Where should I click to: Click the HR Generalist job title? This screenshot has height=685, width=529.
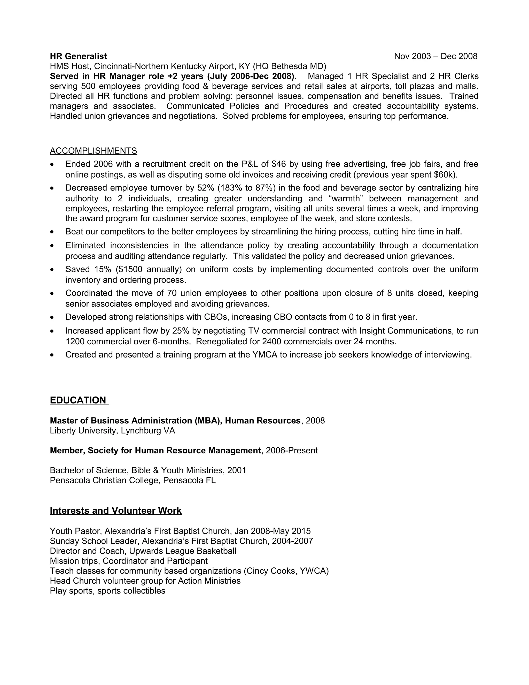[x=78, y=56]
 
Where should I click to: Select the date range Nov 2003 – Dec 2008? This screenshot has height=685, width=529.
[x=435, y=56]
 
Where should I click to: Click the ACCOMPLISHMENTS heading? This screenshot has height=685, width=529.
[x=94, y=151]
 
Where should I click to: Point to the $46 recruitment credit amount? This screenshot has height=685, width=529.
[x=279, y=164]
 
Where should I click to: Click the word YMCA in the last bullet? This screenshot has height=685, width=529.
[x=265, y=355]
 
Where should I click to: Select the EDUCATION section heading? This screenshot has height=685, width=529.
[x=78, y=400]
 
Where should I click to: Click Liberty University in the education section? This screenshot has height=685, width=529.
[x=84, y=431]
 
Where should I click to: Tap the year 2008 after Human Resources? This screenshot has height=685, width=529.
[x=315, y=421]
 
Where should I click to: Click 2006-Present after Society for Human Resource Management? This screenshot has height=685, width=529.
[x=291, y=451]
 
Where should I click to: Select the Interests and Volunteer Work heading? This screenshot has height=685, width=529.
[x=116, y=511]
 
